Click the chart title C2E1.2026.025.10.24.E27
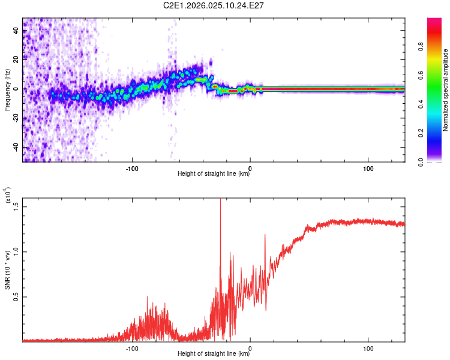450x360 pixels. click(214, 5)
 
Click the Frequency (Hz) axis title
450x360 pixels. click(7, 89)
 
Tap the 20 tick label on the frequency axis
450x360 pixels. click(16, 59)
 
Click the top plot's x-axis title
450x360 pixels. click(214, 174)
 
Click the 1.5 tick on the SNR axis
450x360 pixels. click(16, 206)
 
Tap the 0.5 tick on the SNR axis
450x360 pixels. click(16, 297)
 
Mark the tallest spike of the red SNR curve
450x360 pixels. click(220, 200)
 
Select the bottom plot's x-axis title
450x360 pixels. click(214, 354)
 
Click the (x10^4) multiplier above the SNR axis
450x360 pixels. click(8, 196)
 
